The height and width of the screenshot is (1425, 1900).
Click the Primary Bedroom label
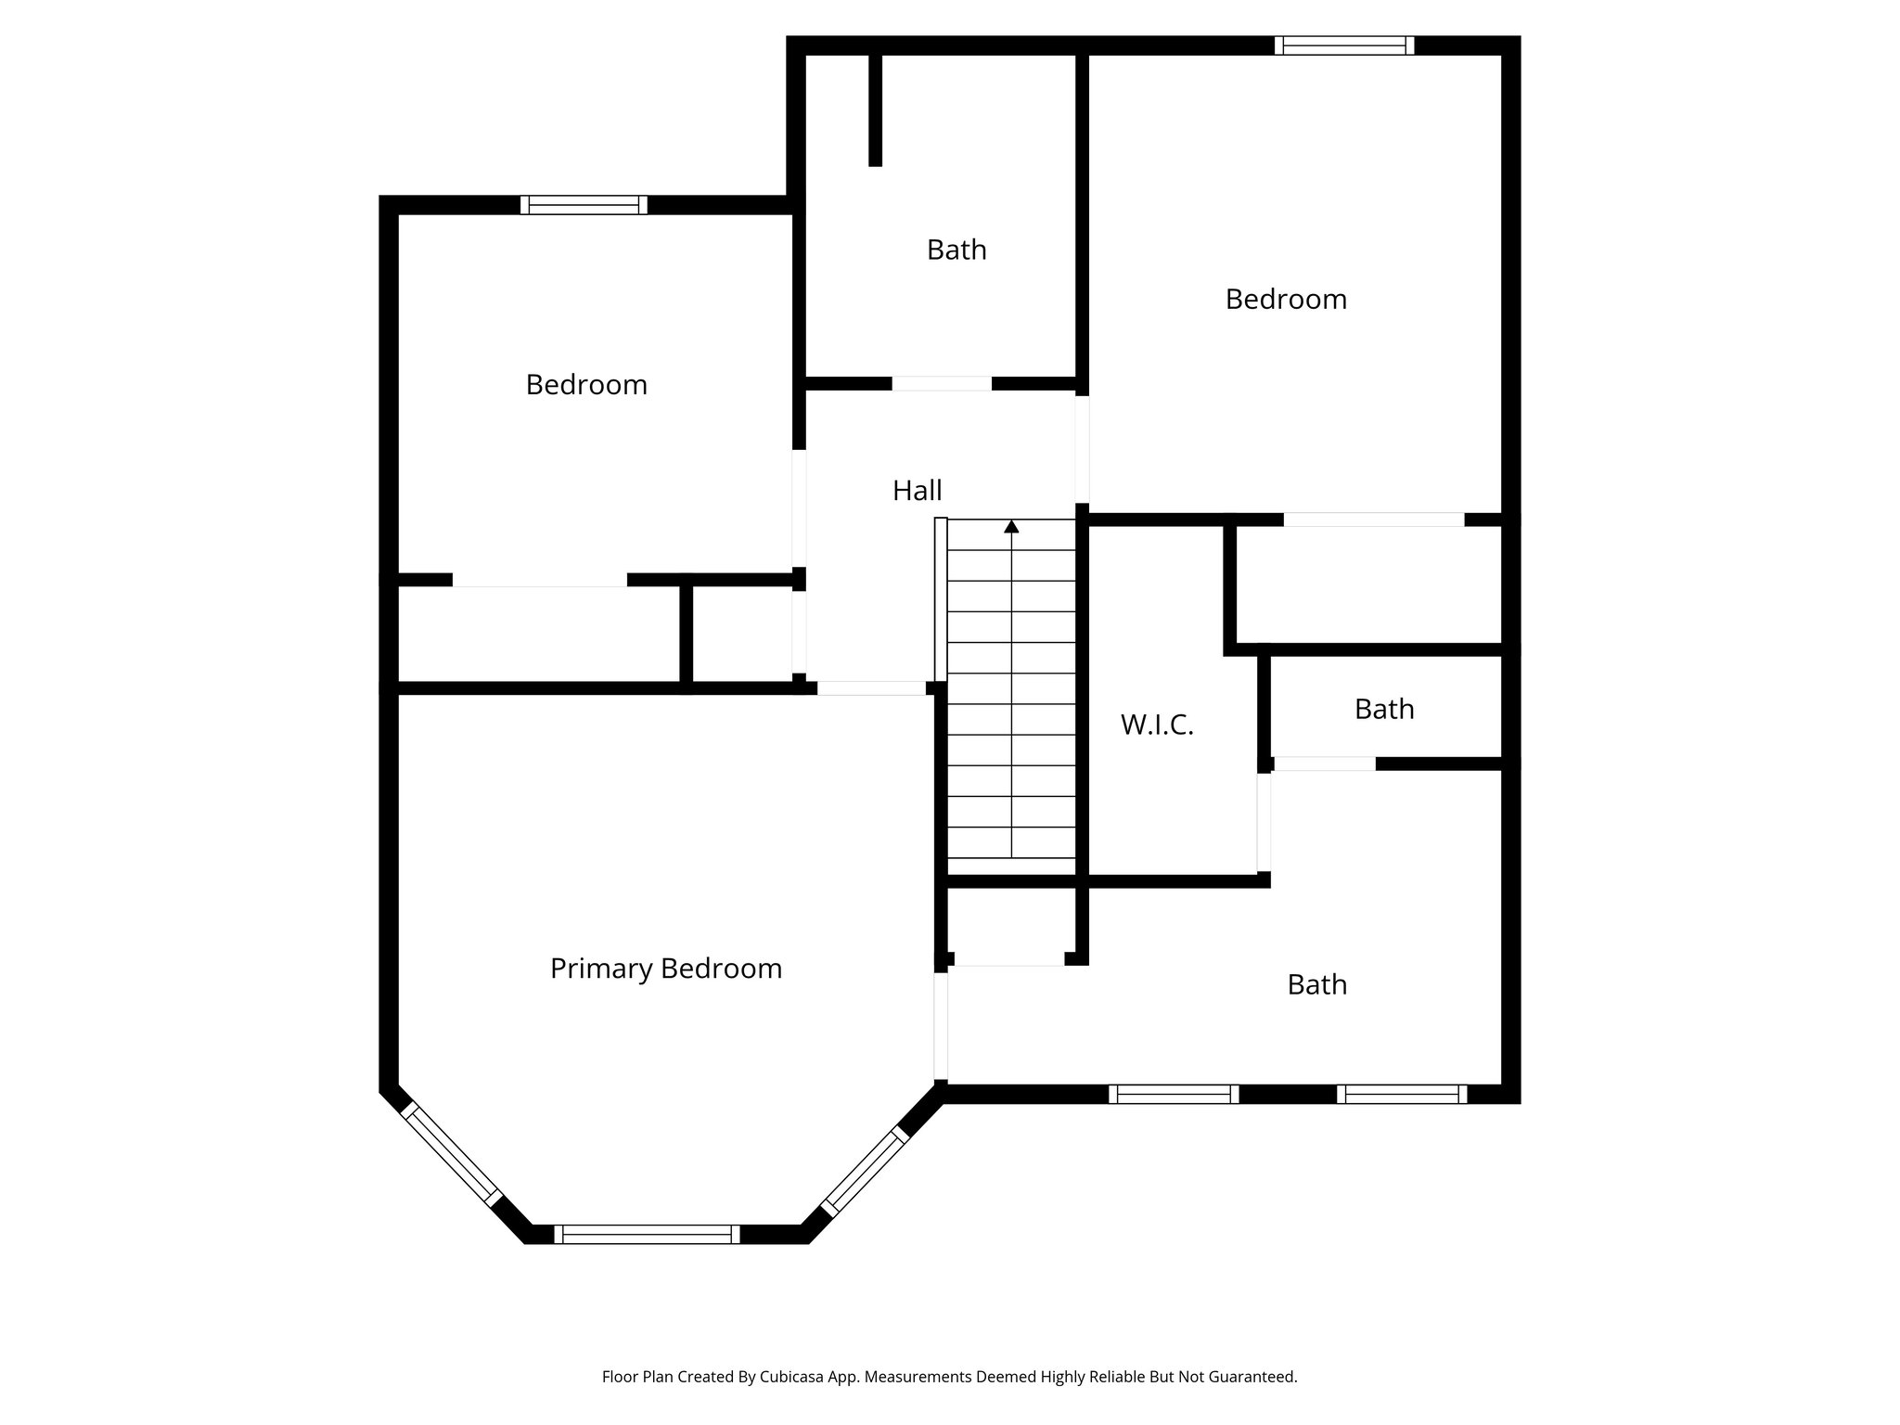[666, 969]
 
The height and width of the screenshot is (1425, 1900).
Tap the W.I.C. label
[1157, 725]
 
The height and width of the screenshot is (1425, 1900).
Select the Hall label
[917, 491]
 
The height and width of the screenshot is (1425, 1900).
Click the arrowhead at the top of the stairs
[1011, 527]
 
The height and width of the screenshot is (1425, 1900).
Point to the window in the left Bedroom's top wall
[584, 205]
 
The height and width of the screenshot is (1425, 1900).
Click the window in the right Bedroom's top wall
[1344, 45]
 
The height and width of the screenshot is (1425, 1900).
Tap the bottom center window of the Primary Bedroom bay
[647, 1234]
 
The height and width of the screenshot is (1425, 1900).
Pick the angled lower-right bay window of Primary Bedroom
[863, 1171]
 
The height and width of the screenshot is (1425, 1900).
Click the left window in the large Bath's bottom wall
[1174, 1094]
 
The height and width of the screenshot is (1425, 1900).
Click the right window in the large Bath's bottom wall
[1402, 1094]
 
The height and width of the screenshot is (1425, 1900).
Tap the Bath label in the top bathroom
[956, 250]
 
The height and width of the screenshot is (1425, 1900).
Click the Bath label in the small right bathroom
[1384, 710]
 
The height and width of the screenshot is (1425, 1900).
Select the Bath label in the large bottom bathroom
[1316, 984]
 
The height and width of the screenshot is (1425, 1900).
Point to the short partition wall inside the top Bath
[875, 109]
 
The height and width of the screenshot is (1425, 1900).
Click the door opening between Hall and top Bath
[942, 383]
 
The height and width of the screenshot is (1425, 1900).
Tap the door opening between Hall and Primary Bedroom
[871, 688]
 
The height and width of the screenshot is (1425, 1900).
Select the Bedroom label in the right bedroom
[1286, 300]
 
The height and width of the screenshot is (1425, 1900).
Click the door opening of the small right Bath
[1324, 764]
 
